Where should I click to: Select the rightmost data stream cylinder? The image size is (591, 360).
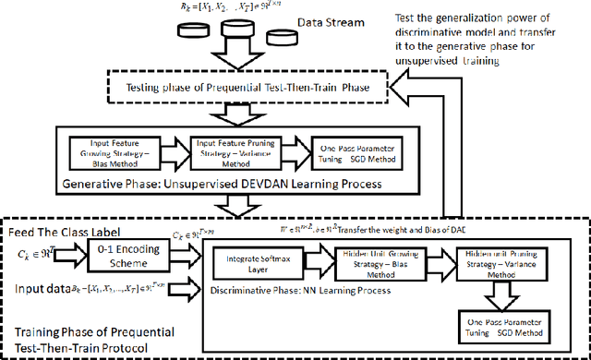[280, 38]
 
